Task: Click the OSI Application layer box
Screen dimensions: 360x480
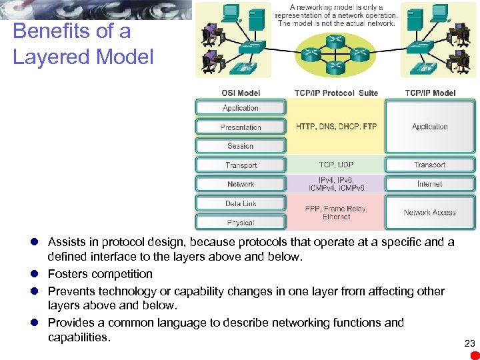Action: coord(241,107)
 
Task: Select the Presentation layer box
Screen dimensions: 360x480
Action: coord(241,127)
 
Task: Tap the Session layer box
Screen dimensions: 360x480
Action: coord(241,146)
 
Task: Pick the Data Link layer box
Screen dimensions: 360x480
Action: coord(241,203)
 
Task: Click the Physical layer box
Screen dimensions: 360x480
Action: coord(241,223)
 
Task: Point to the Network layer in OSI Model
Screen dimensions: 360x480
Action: coord(241,184)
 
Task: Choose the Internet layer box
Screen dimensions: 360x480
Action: coord(430,183)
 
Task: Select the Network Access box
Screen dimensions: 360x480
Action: coord(430,213)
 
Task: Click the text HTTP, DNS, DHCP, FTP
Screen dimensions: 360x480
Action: coord(336,127)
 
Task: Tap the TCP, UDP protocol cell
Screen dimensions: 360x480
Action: coord(336,165)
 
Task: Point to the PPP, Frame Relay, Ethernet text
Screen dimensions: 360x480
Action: coord(336,213)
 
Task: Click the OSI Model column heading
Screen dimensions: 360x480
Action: coord(241,93)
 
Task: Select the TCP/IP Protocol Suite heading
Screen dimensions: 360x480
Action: coord(336,93)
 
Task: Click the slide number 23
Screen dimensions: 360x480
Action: coord(469,343)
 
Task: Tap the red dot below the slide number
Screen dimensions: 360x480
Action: coord(474,355)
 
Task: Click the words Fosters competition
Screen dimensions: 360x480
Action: coord(100,274)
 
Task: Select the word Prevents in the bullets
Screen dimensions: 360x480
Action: coord(71,291)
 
